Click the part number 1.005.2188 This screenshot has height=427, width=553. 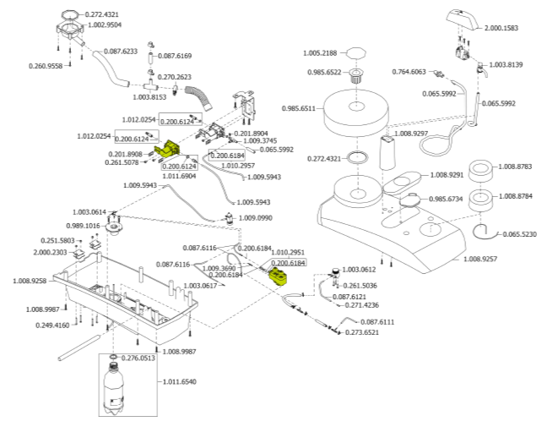point(323,54)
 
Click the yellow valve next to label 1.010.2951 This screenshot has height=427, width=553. point(278,276)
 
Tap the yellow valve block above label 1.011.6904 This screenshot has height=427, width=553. point(175,151)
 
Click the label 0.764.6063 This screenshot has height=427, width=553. point(409,72)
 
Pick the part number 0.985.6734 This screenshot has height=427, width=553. point(448,199)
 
